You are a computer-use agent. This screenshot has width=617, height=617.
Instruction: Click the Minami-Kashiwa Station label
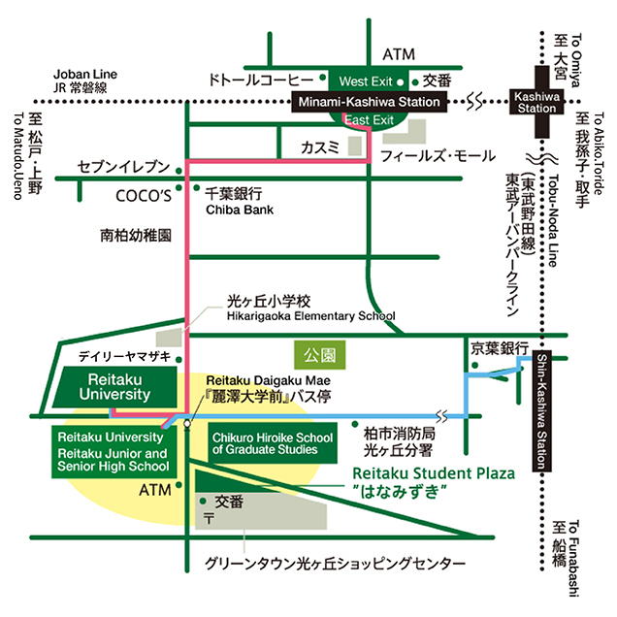coord(369,102)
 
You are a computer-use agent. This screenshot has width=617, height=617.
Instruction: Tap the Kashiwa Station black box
coord(536,102)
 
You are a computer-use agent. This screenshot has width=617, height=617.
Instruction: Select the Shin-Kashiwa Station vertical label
coord(542,410)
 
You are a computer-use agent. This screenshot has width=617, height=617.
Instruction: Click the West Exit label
coord(366,81)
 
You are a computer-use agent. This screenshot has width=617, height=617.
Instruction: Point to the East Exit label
coord(369,120)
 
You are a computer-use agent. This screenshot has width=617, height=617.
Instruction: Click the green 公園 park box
coord(320,355)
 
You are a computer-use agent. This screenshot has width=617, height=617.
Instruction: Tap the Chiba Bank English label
coord(240,210)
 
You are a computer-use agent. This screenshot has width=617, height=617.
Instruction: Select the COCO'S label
coord(144,196)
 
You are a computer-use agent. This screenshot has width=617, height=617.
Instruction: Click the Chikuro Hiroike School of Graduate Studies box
coord(273,443)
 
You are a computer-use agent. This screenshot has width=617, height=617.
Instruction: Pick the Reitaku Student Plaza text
coord(434,473)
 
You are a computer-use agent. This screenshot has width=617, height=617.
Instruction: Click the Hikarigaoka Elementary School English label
coord(310,316)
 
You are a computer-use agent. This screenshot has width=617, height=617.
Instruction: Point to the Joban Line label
coord(85,74)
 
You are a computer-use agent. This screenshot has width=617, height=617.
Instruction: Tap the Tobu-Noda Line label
coord(553,221)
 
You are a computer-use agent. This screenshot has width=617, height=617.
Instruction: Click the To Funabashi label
coord(573,559)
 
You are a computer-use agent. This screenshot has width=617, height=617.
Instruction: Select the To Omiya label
coord(575,60)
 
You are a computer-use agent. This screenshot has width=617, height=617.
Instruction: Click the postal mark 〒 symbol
coord(209,518)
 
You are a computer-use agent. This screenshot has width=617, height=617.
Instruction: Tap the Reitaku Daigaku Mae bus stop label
coord(268,380)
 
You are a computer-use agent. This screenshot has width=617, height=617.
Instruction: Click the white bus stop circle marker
coord(187,424)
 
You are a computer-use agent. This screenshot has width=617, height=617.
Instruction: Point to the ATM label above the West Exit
coord(399,54)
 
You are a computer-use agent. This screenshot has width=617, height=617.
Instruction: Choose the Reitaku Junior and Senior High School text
coord(113,460)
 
